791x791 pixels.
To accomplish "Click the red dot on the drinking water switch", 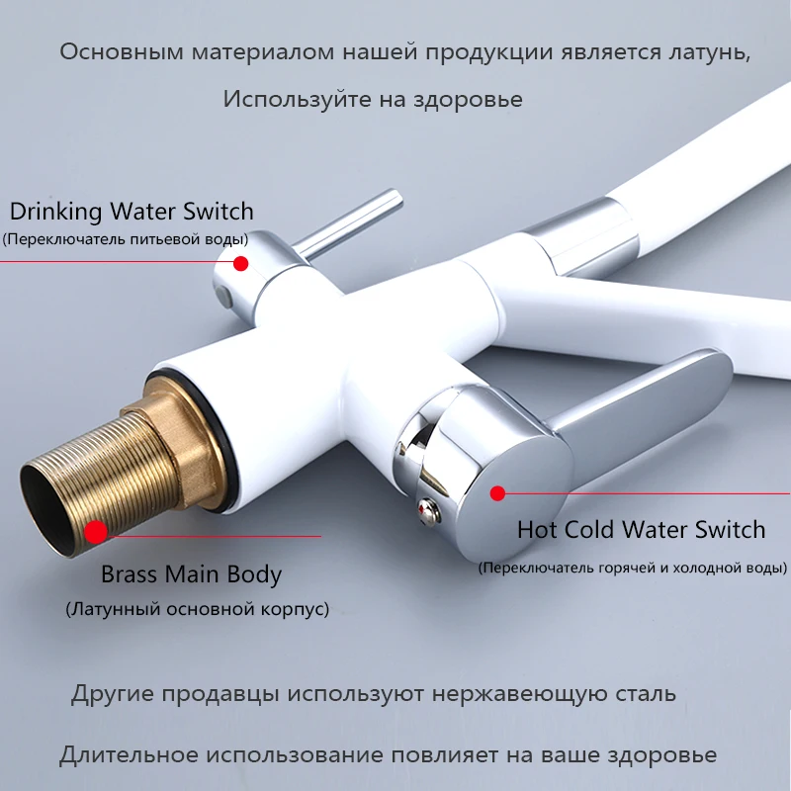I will [240, 263].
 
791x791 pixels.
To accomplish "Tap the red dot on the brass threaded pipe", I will [96, 531].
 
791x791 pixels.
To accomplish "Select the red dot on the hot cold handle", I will [498, 491].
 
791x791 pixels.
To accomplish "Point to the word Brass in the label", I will [132, 574].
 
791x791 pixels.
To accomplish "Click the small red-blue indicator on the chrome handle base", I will [425, 511].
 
